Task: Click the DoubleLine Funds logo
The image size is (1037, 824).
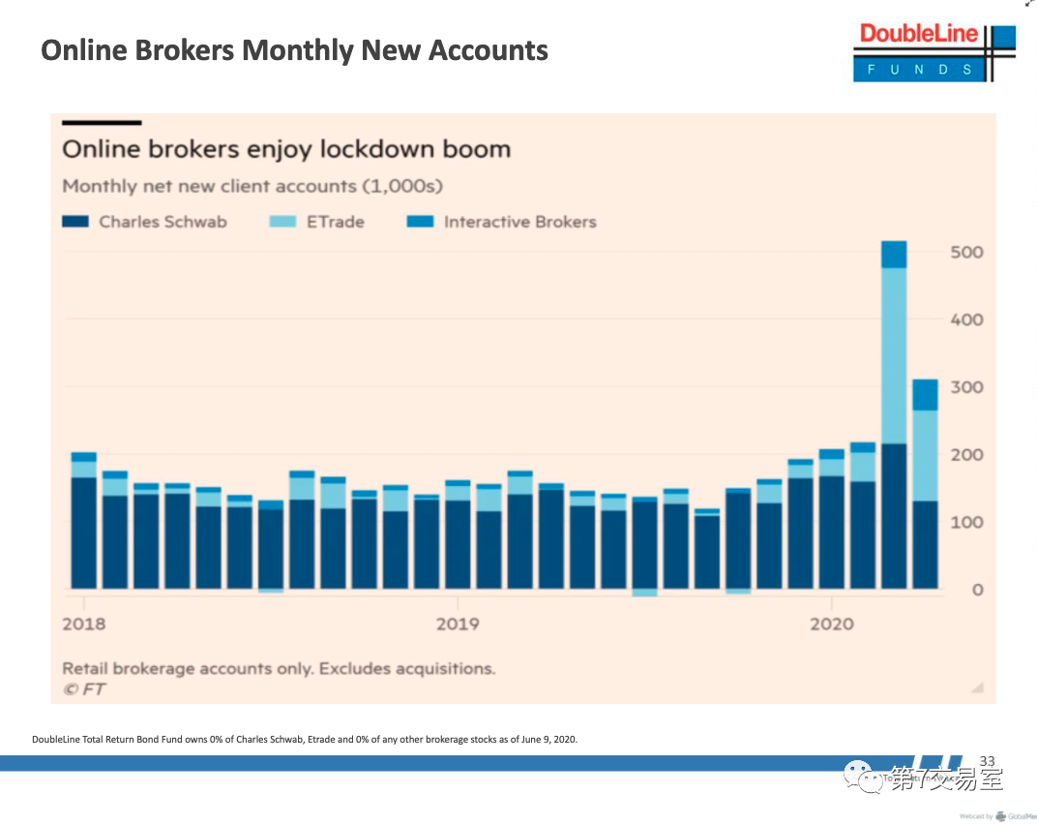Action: (933, 51)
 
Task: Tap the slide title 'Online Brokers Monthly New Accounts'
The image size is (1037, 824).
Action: (294, 49)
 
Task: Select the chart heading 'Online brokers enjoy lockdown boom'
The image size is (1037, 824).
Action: (286, 150)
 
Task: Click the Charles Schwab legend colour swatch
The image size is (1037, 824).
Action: (75, 222)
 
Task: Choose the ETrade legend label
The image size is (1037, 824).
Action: (336, 222)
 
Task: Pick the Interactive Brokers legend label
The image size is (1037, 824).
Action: (519, 222)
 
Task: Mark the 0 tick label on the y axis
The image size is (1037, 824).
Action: (977, 590)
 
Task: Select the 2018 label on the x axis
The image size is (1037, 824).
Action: (84, 624)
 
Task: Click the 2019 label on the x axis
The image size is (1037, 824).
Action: (458, 624)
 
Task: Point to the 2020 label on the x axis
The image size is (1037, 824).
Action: (832, 624)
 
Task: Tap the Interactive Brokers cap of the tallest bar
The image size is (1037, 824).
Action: (894, 254)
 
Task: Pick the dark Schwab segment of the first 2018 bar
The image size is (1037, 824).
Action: (84, 533)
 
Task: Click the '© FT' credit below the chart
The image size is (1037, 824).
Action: (84, 689)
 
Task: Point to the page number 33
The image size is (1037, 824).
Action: (988, 761)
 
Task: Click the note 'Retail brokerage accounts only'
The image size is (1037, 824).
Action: (279, 668)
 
